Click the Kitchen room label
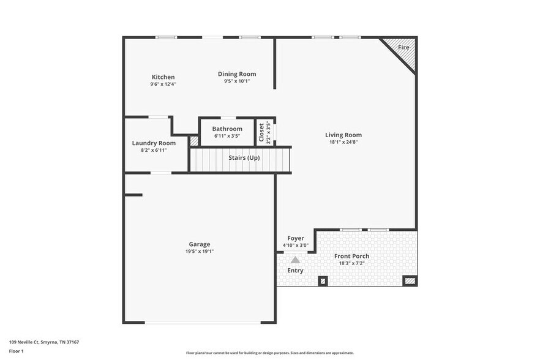point(163,77)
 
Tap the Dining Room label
point(236,74)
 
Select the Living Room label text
point(343,135)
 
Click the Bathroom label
point(227,129)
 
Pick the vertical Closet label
point(261,132)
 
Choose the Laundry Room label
point(154,143)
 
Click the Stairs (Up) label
point(244,158)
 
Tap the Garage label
point(199,244)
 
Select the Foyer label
point(295,239)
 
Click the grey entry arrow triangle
point(295,260)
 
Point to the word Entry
point(295,271)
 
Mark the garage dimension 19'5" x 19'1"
point(199,251)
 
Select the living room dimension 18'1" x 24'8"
point(343,142)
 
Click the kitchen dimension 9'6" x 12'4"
point(163,84)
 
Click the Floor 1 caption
point(16,351)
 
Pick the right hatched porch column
point(410,281)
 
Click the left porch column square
point(323,281)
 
